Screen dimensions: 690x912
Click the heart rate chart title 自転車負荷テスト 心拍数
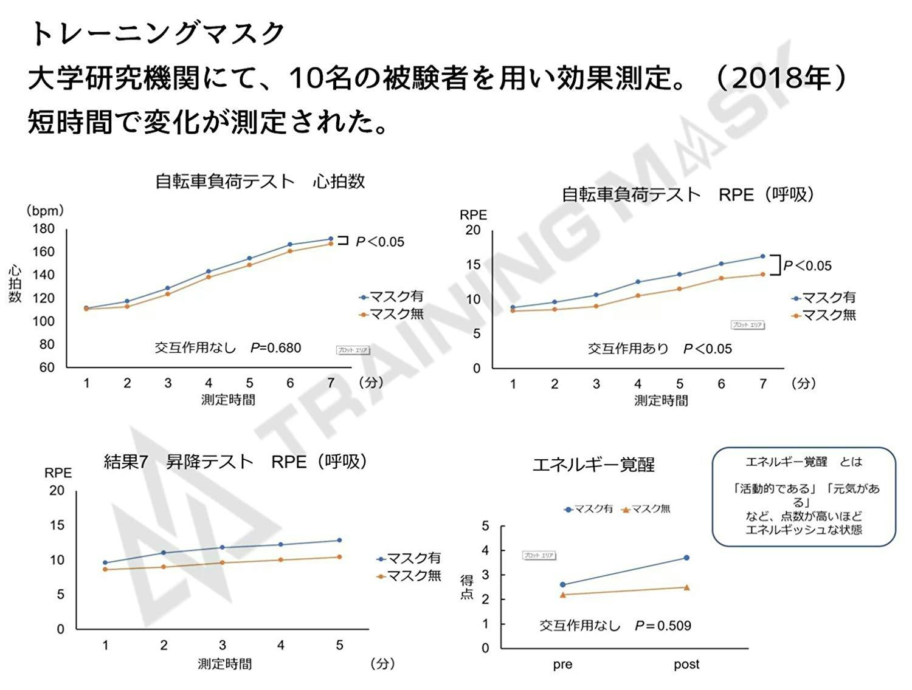pos(260,181)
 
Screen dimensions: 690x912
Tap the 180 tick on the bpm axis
pos(44,229)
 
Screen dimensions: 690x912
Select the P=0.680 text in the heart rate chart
pos(276,348)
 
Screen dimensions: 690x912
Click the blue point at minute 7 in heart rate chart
pos(331,239)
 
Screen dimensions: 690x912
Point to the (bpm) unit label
pos(44,211)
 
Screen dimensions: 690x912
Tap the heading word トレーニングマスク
pos(157,33)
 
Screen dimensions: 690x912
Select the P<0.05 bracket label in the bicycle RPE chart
pos(807,265)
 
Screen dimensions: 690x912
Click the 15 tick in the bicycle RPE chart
pos(473,265)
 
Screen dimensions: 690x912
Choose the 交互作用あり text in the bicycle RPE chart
pos(628,349)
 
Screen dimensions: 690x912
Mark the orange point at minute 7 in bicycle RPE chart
pos(762,274)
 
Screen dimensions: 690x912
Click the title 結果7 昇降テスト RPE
pos(235,462)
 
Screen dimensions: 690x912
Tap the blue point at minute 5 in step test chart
pos(339,540)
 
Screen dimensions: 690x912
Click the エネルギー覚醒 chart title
pos(593,465)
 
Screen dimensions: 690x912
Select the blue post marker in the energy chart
pos(686,558)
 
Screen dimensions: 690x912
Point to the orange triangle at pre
pos(563,595)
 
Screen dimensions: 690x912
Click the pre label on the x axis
pos(562,664)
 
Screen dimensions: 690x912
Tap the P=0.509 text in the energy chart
pos(663,626)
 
